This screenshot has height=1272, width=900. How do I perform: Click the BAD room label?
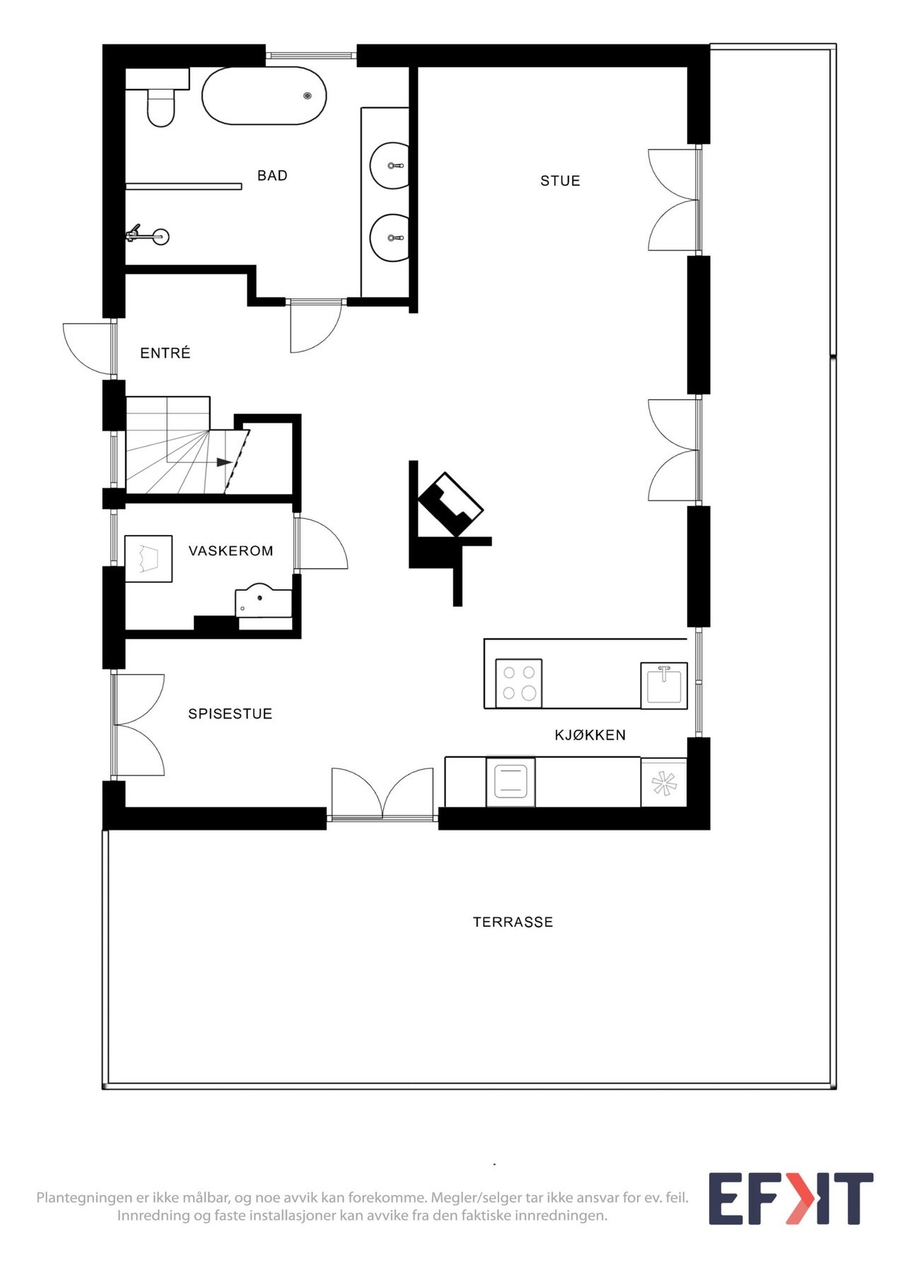tap(272, 176)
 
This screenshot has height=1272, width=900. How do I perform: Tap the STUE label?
tap(560, 181)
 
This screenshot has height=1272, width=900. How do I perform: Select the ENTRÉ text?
tap(165, 353)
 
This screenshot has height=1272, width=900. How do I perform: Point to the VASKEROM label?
tap(230, 551)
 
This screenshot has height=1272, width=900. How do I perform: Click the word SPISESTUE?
tap(230, 714)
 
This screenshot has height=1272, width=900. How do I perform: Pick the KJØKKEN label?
tap(590, 736)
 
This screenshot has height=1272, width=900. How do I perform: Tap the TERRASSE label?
tap(513, 922)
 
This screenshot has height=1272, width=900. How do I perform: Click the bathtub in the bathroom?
tap(264, 96)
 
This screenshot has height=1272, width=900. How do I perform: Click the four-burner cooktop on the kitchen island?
tap(519, 683)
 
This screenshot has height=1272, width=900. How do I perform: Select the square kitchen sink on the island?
tap(664, 685)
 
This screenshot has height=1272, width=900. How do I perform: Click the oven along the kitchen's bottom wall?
tap(510, 782)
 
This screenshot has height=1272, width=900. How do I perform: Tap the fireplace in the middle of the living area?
tap(450, 503)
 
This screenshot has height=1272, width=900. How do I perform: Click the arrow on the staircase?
tap(223, 462)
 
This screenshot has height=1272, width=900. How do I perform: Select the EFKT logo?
tap(790, 1199)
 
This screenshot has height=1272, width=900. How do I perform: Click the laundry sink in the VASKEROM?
tap(262, 601)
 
